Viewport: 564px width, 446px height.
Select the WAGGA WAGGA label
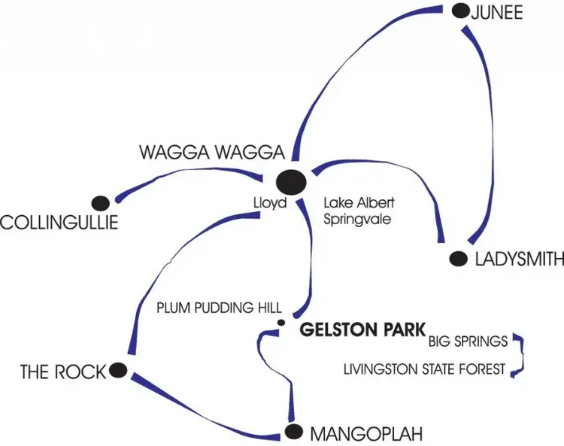point(212,153)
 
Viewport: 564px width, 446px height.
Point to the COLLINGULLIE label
point(59,223)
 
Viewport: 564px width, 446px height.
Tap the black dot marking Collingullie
point(100,202)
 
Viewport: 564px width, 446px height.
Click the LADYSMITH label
point(519,259)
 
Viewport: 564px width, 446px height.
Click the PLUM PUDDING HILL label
point(219,308)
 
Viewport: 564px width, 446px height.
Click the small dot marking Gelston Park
point(280,323)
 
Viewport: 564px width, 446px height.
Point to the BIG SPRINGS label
point(468,341)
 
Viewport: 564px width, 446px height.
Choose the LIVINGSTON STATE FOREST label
point(425,369)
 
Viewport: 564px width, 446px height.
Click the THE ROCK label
point(63,372)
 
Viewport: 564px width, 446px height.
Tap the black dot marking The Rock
point(118,369)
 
